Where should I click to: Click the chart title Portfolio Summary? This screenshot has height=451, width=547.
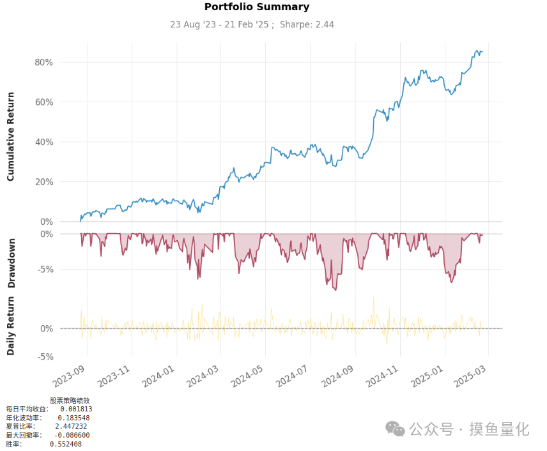(x=256, y=7)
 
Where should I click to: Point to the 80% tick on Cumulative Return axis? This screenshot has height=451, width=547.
(x=43, y=62)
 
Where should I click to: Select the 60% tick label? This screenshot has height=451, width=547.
(x=43, y=102)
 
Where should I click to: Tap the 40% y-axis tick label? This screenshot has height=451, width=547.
(x=43, y=142)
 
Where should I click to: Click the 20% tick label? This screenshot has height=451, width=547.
(x=43, y=182)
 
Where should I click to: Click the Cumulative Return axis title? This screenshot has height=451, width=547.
(x=11, y=137)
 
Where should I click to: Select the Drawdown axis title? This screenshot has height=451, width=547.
(x=11, y=264)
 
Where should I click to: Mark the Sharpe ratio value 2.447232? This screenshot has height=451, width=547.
(x=71, y=426)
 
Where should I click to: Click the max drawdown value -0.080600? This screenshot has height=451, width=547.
(x=71, y=435)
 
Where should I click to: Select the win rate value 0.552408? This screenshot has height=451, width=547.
(x=66, y=444)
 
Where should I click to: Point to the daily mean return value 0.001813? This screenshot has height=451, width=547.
(x=76, y=409)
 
